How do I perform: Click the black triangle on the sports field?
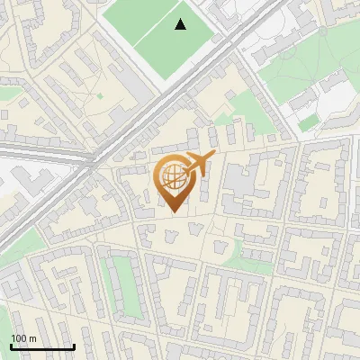point(181,24)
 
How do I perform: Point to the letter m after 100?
point(32,338)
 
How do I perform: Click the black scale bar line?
point(42,346)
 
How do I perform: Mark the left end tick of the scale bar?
point(11,346)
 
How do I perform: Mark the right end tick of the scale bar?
point(74,346)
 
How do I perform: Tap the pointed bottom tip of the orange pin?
point(173,211)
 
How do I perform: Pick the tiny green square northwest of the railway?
point(99,95)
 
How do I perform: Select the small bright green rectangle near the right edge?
point(309,121)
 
